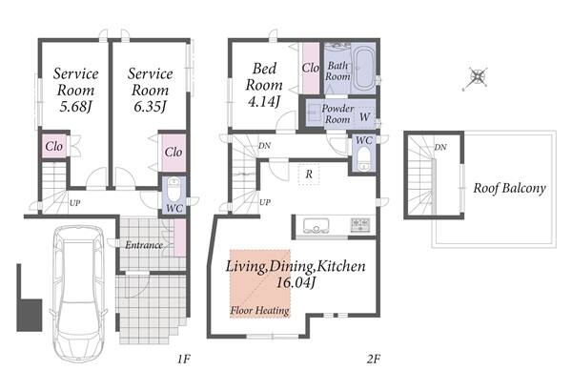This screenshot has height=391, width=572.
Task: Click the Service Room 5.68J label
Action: click(x=75, y=90)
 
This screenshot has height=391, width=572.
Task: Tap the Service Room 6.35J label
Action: click(x=150, y=90)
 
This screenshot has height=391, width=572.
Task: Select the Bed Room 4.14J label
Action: click(x=264, y=85)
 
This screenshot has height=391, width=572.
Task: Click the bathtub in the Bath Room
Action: click(x=362, y=69)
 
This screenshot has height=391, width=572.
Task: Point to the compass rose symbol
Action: click(x=477, y=77)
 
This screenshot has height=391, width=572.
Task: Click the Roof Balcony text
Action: click(x=510, y=189)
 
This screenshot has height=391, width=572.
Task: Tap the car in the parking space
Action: click(x=79, y=293)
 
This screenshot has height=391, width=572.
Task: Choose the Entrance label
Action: click(x=144, y=245)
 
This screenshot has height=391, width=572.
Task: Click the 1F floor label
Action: click(x=184, y=360)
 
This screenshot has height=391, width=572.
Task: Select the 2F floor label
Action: click(x=374, y=360)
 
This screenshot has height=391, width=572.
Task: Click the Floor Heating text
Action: click(x=259, y=310)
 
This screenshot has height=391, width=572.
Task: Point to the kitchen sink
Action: click(x=317, y=226)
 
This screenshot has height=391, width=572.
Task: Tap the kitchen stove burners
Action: click(x=360, y=225)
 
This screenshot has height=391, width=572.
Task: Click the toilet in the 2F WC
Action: click(x=363, y=159)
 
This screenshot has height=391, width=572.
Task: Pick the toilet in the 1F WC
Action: click(x=174, y=189)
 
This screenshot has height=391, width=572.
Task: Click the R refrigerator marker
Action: click(x=309, y=175)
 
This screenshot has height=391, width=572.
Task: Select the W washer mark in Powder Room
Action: click(x=364, y=117)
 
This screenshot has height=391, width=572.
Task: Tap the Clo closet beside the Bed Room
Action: click(x=311, y=68)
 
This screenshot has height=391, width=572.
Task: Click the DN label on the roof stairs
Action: click(x=440, y=148)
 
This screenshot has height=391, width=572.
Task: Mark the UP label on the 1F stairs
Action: click(x=74, y=203)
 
